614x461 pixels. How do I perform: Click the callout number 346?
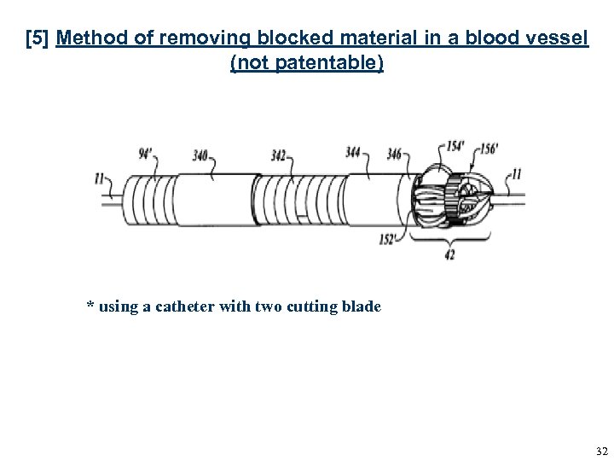pos(392,155)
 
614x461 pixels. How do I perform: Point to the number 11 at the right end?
pos(514,174)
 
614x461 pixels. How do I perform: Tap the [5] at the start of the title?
pos(38,40)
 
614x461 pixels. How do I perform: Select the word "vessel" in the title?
pos(559,40)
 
